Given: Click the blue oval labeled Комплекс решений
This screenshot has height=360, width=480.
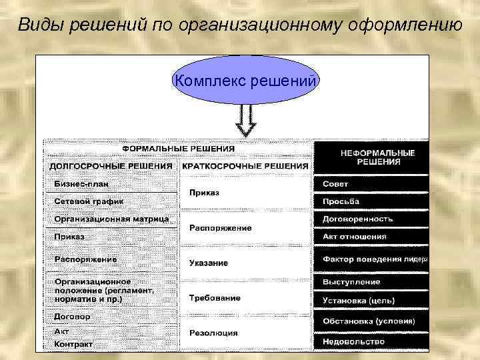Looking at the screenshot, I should [245, 81].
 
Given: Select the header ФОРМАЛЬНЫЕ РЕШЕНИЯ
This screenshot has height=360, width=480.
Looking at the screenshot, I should [178, 149].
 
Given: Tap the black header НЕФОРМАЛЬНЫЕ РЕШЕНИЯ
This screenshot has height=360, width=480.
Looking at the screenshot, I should [377, 157].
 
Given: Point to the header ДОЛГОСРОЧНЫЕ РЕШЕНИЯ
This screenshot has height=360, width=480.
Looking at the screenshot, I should [111, 166].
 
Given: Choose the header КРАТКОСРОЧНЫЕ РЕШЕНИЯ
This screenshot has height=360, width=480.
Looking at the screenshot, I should [245, 166].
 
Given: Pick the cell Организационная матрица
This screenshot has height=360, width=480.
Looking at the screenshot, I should [111, 219].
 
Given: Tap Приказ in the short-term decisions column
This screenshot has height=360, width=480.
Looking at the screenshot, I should [204, 193].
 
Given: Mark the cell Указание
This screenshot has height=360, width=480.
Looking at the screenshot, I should [208, 263].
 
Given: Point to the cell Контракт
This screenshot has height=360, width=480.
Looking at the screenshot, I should [73, 344].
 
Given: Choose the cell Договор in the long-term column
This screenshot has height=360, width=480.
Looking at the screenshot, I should [72, 317].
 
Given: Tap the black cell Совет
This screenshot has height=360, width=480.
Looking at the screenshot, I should [335, 184].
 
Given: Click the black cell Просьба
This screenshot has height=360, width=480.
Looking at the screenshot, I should [341, 201].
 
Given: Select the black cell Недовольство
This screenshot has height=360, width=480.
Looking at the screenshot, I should [353, 341].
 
